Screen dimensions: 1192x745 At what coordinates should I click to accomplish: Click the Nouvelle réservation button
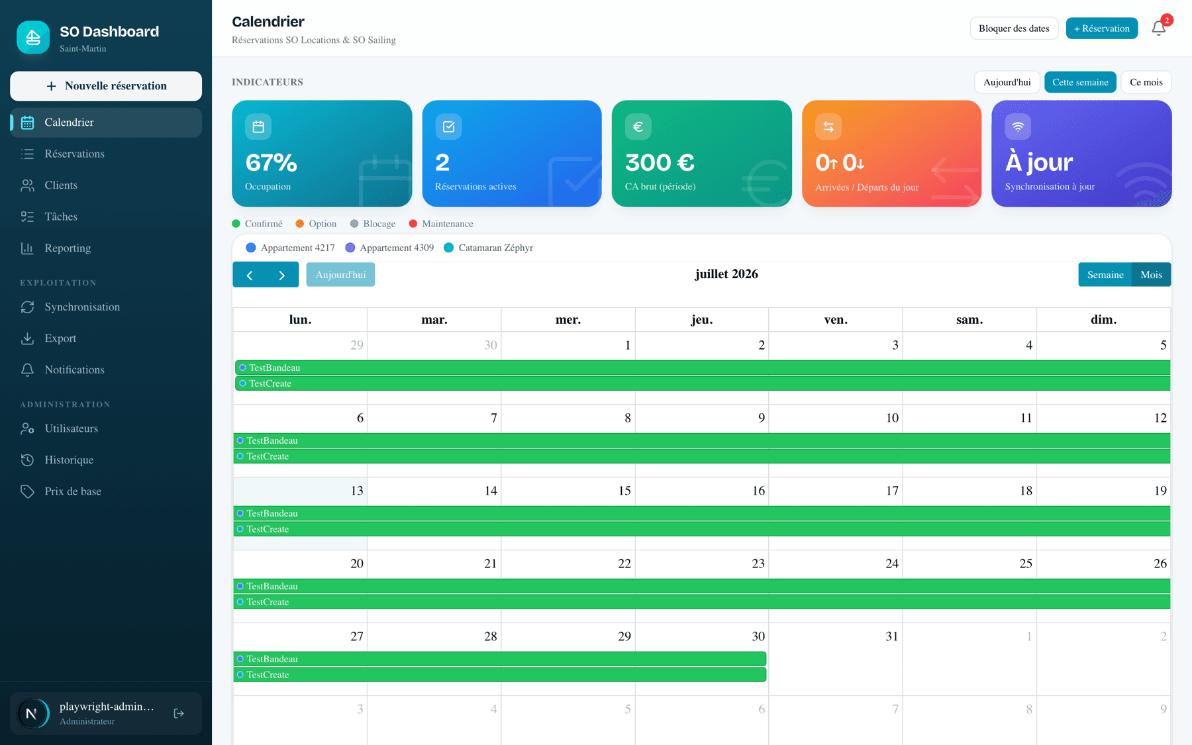point(106,86)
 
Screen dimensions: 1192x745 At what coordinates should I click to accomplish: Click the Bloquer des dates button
point(1014,28)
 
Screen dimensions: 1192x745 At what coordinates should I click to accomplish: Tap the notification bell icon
point(1158,28)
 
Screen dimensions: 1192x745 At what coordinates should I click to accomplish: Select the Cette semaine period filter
point(1080,82)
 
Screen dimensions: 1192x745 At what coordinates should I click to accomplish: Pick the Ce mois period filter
point(1146,82)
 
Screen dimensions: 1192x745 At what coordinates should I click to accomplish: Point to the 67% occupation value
point(271,163)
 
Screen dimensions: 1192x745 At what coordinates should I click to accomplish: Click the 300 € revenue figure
point(660,163)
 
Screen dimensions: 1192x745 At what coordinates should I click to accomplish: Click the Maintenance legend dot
point(413,224)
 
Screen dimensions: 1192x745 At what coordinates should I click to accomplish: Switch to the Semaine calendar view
point(1105,275)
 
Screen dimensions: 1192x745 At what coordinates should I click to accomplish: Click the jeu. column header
point(702,320)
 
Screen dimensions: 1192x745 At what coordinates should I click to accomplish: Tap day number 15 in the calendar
point(624,491)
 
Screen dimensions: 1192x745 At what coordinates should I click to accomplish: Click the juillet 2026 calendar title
point(726,274)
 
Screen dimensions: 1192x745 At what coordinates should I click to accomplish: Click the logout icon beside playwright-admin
point(179,713)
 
